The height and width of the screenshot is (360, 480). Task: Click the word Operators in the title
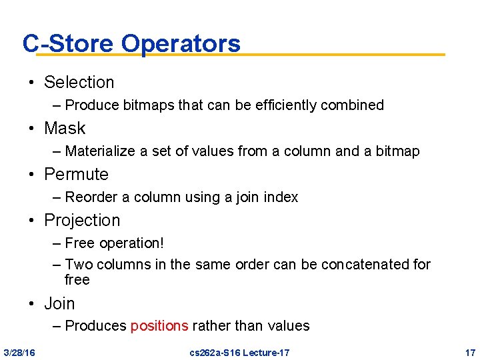(x=181, y=43)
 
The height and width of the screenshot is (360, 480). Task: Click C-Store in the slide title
(x=68, y=43)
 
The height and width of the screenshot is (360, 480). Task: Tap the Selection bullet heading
(x=79, y=82)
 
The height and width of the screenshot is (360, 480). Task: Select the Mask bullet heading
(x=65, y=128)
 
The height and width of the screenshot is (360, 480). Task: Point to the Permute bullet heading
(x=76, y=174)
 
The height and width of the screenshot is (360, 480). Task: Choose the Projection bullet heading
(x=82, y=220)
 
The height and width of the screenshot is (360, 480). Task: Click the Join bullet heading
(x=59, y=303)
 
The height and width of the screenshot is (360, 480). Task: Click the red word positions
(x=159, y=326)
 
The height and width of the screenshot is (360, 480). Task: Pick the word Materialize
(x=101, y=151)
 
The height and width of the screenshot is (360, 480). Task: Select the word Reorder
(x=91, y=197)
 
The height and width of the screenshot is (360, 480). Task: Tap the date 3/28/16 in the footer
(x=19, y=352)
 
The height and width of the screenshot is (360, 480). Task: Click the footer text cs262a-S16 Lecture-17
(x=239, y=352)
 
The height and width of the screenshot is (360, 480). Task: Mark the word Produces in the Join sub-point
(x=96, y=326)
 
